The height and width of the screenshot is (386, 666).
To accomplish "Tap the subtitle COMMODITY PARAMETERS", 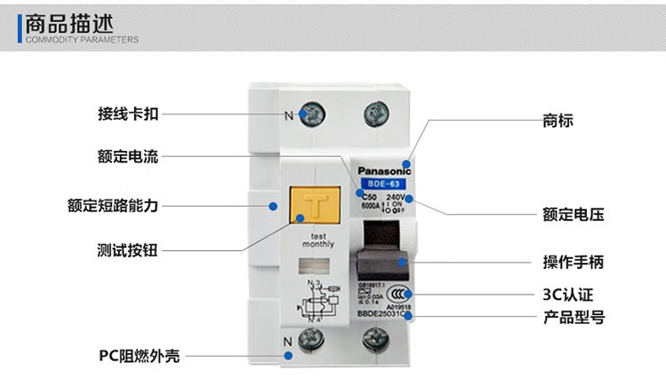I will click(x=81, y=40).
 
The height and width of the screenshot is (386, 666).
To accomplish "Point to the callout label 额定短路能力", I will click(x=113, y=205).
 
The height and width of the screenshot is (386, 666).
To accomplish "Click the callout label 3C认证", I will click(x=567, y=294).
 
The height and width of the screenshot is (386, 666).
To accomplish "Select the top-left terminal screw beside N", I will click(x=314, y=114).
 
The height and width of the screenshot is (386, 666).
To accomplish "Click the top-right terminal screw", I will click(x=376, y=114).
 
